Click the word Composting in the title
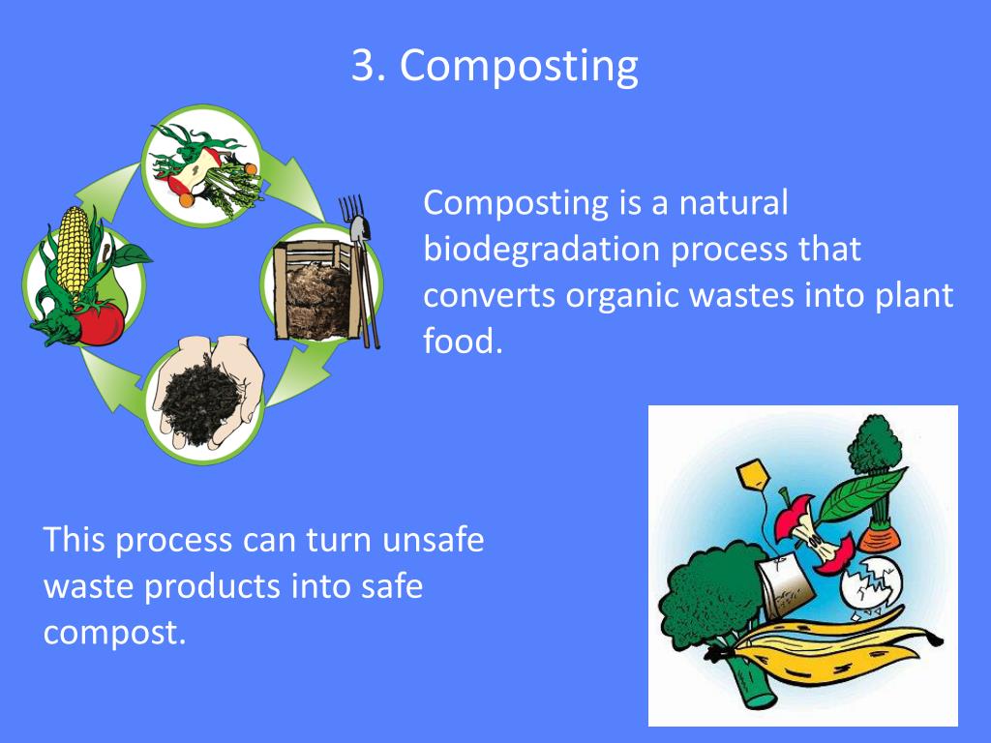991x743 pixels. coord(519,67)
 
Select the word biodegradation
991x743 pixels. coord(537,249)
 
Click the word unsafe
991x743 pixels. coord(433,539)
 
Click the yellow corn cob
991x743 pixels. coord(73,253)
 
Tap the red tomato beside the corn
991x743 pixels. coord(100,322)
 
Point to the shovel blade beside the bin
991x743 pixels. coord(360,230)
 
